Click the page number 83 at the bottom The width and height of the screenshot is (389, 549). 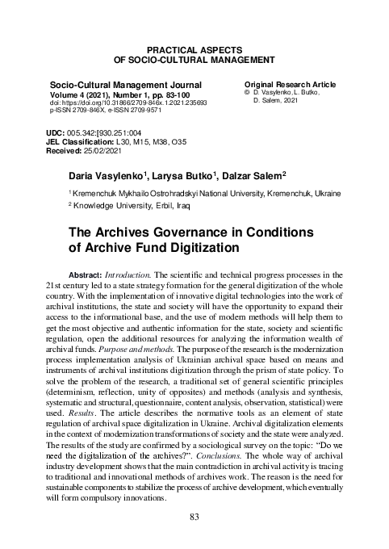pyautogui.click(x=194, y=517)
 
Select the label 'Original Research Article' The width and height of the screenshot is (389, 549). pyautogui.click(x=290, y=84)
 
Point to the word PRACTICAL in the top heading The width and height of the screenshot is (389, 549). pyautogui.click(x=169, y=50)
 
